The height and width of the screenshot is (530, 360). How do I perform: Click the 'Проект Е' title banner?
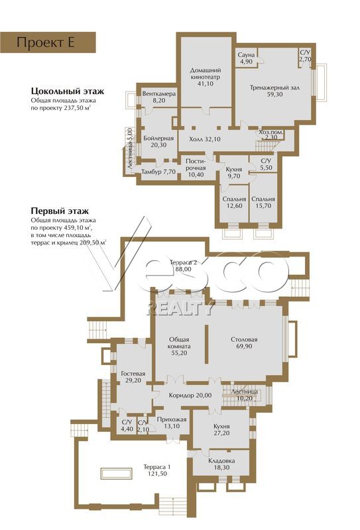tap(48, 42)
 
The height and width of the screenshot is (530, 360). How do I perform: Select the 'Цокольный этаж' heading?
tap(68, 91)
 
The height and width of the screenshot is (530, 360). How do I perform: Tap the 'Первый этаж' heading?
tap(60, 211)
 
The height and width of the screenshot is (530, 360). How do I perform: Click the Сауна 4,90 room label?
tap(246, 58)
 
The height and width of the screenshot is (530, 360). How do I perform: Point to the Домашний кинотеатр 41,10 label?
tap(206, 77)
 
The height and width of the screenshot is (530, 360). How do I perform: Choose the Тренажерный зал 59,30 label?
tap(274, 91)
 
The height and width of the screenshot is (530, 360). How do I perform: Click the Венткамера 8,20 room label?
tap(158, 97)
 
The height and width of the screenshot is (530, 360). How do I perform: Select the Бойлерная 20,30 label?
tap(158, 142)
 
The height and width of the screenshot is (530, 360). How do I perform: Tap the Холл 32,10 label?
tap(205, 139)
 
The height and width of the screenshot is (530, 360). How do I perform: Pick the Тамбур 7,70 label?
tap(158, 172)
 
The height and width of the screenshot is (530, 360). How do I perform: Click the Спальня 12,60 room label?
tap(234, 203)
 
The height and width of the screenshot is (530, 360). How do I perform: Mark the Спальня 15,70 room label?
tap(263, 203)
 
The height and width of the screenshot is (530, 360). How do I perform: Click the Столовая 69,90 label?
tap(244, 343)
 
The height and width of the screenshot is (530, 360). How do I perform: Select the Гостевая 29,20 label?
tap(133, 377)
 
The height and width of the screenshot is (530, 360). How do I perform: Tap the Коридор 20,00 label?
tap(190, 395)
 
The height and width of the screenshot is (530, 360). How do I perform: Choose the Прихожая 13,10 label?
tap(172, 423)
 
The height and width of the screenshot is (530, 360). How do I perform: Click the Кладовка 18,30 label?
tap(221, 464)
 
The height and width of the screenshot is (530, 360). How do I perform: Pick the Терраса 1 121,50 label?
tap(157, 470)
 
